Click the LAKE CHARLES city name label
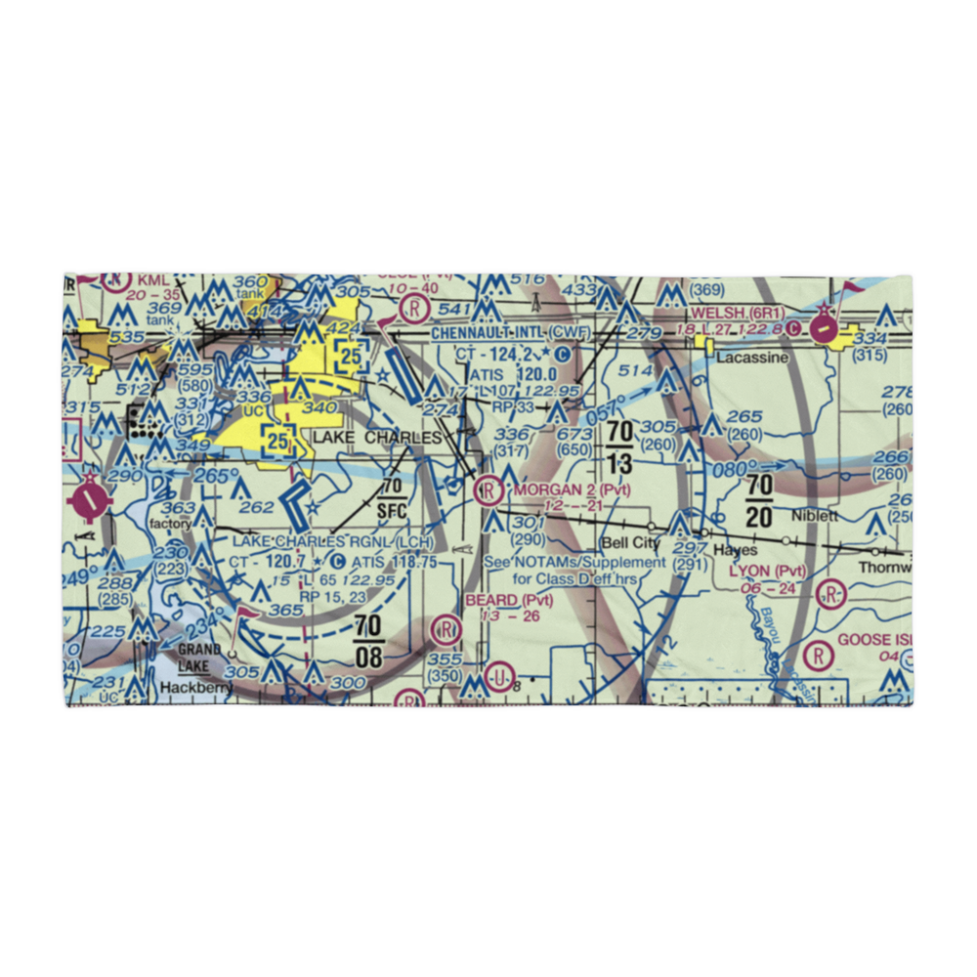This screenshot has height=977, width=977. click(377, 438)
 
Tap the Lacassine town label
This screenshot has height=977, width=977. click(751, 359)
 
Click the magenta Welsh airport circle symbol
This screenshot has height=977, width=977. click(825, 329)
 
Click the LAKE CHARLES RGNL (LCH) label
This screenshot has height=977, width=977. click(332, 541)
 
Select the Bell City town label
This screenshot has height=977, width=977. click(630, 542)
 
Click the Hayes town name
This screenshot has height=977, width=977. click(735, 551)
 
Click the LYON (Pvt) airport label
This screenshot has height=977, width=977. click(766, 571)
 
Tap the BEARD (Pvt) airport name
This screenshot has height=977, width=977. click(508, 600)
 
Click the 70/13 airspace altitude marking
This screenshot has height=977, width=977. click(619, 446)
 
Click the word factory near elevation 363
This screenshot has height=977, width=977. click(171, 524)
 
